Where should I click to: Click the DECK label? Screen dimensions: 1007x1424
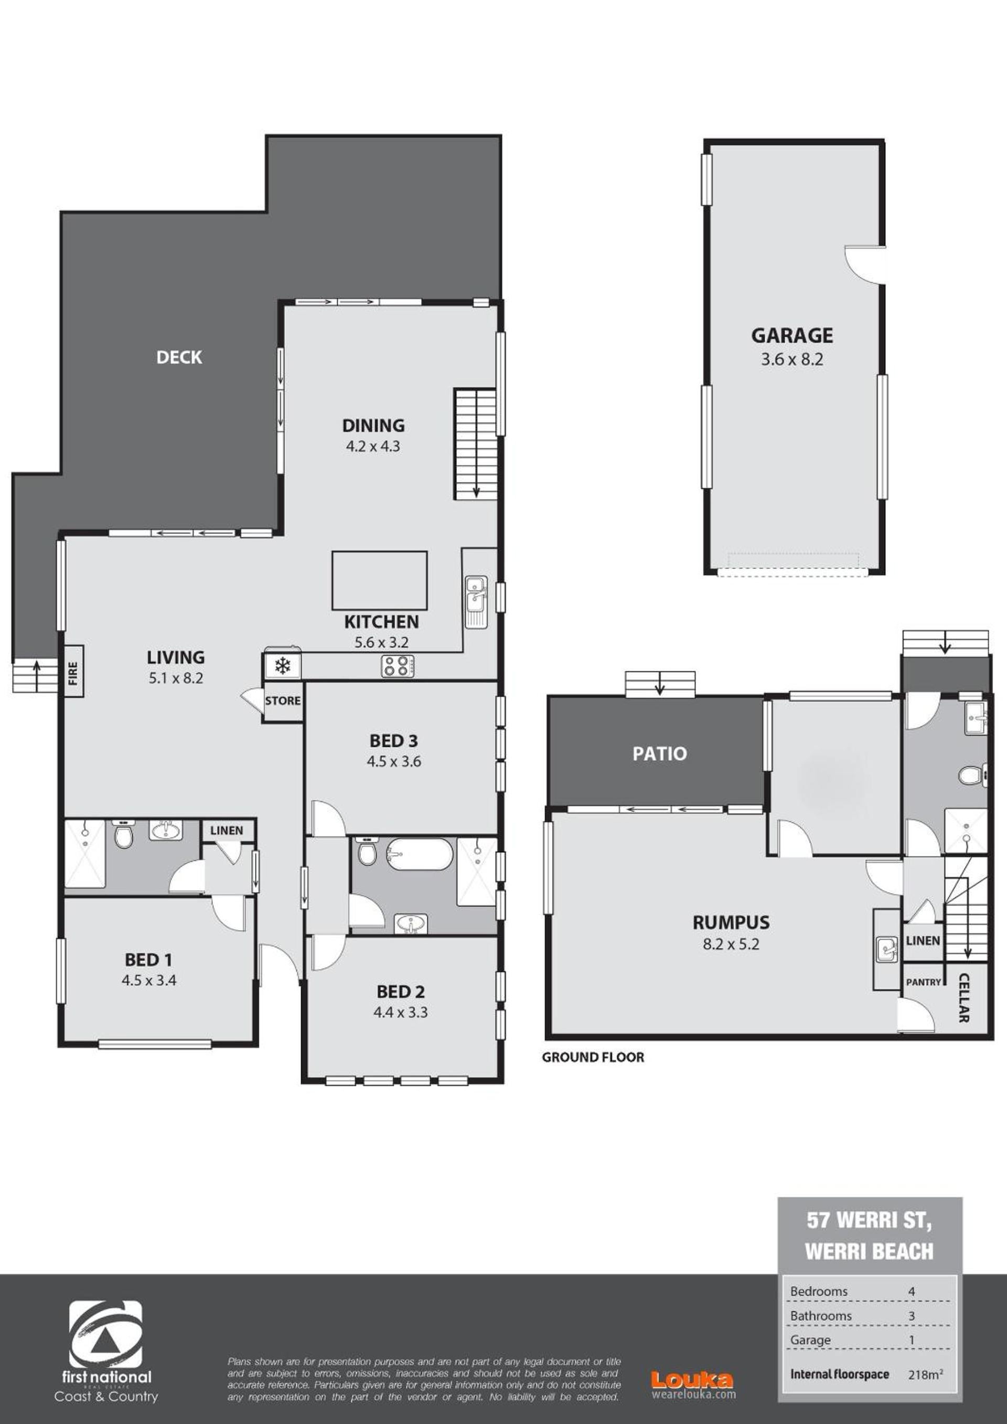coord(179,357)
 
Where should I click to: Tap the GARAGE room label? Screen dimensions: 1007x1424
coord(792,335)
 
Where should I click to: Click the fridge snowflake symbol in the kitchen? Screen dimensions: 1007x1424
coord(283,667)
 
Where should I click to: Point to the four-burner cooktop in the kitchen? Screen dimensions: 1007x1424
coord(398,667)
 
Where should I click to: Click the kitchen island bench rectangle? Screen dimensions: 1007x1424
coord(380,580)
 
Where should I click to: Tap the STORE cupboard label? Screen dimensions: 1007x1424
coord(283,701)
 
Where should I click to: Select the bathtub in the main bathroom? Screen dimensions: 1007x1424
coord(419,855)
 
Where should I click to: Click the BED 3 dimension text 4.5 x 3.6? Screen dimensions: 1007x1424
coord(394,762)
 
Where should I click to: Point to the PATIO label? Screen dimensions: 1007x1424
coord(659,753)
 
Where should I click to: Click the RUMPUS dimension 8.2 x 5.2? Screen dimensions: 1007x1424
coord(731,944)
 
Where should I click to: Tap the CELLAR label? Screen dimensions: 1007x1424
coord(963,998)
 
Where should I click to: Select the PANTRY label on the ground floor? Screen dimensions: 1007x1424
coord(923,982)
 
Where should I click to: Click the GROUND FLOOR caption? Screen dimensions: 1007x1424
coord(593,1057)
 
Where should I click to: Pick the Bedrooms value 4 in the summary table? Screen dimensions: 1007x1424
coord(912,1291)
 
